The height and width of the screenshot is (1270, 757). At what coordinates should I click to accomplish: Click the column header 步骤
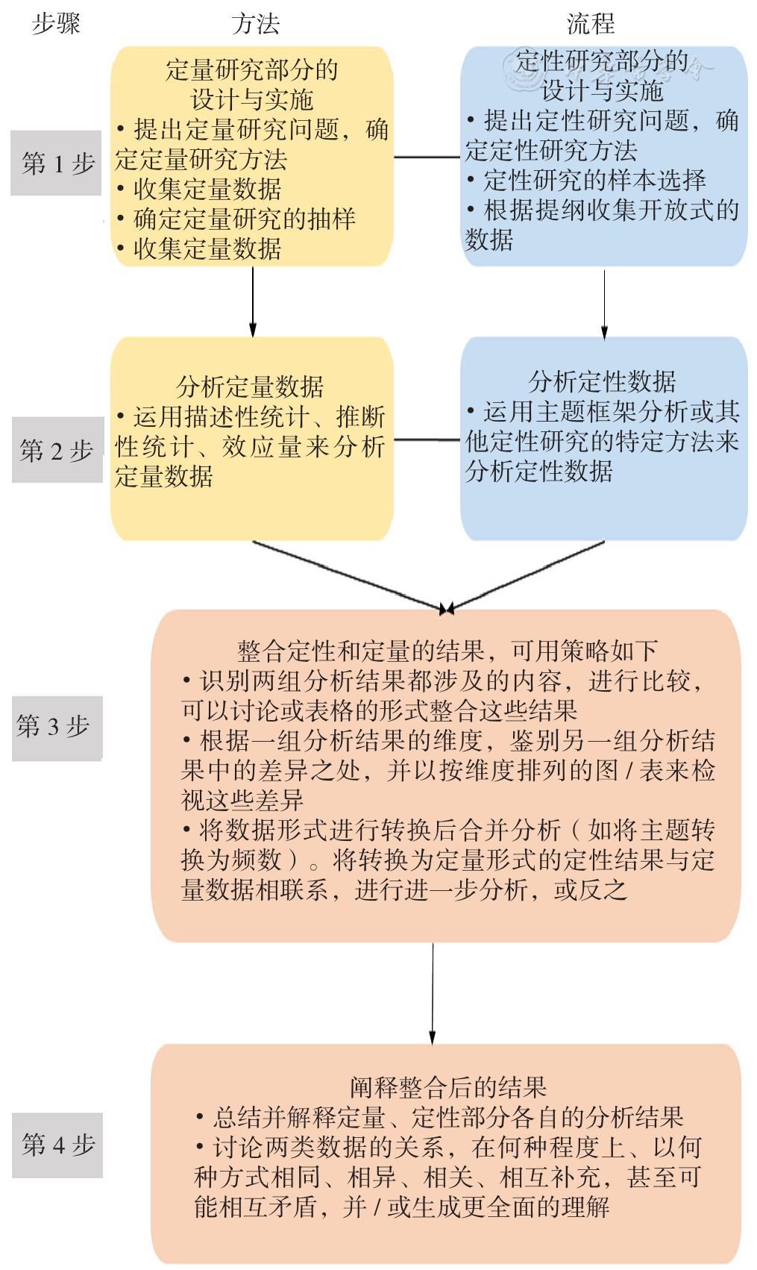(x=56, y=24)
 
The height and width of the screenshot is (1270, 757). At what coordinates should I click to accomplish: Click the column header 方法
(x=256, y=25)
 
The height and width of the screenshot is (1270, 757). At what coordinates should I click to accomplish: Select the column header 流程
(x=591, y=24)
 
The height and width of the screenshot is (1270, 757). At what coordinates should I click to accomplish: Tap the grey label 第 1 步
(x=56, y=163)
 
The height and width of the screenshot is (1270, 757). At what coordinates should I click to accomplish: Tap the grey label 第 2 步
(x=57, y=450)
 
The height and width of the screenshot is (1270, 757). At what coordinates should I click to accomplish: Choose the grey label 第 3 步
(x=57, y=728)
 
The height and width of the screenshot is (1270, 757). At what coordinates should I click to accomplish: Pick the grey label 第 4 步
(x=57, y=1145)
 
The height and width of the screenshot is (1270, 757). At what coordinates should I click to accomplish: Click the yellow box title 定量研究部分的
(x=252, y=70)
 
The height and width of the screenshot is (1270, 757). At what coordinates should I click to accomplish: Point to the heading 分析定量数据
(x=250, y=387)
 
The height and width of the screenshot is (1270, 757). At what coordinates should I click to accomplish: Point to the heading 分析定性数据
(x=603, y=381)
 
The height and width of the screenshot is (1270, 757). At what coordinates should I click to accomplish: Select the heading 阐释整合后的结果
(x=448, y=1087)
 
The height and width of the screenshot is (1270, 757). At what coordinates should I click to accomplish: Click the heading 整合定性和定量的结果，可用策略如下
(x=447, y=651)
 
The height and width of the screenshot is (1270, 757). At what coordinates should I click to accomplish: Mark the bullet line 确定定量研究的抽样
(x=236, y=219)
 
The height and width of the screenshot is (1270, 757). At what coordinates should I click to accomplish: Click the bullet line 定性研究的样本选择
(x=586, y=181)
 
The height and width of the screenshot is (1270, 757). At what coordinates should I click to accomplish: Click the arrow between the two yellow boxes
(x=253, y=301)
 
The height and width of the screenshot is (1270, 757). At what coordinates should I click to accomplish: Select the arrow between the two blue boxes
(x=605, y=304)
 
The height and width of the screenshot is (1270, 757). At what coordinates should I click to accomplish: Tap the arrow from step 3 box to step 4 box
(x=433, y=994)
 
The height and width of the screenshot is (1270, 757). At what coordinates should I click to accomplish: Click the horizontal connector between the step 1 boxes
(x=427, y=157)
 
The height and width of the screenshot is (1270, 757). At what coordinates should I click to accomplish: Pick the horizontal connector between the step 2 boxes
(x=427, y=440)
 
